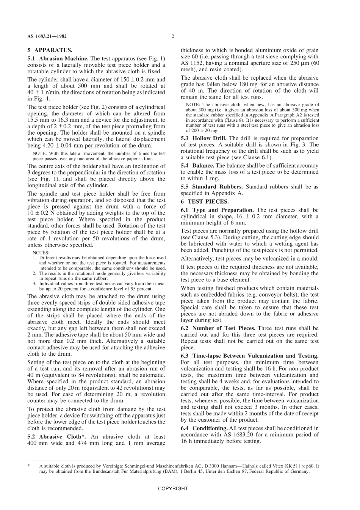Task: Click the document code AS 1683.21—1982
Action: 47,36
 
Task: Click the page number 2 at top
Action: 173,36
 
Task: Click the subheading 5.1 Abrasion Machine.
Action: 58,58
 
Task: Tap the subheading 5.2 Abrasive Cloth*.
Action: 56,436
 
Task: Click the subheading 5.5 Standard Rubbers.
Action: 212,187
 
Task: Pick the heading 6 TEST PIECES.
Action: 205,201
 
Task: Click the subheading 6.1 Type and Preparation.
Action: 217,210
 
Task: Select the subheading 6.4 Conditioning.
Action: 204,428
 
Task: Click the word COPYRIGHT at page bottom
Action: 173,489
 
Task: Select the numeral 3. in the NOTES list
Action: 34,283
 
